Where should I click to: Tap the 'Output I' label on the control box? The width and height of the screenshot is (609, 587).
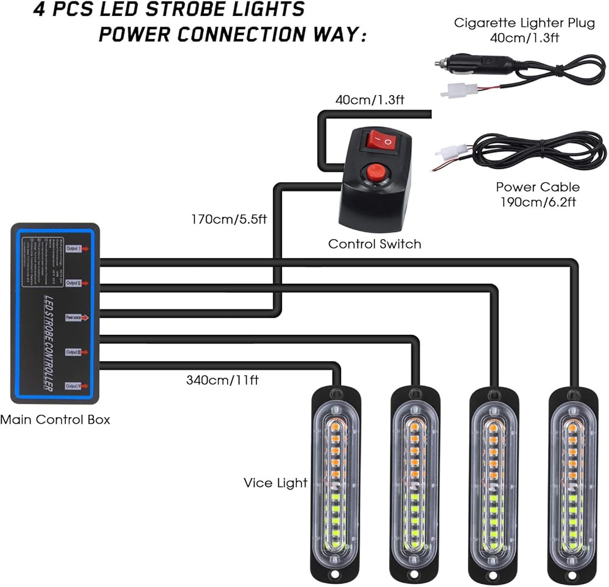pos(75,248)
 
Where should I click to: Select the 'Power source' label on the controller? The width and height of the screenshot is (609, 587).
pos(75,317)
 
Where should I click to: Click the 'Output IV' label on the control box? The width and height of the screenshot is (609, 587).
pos(75,385)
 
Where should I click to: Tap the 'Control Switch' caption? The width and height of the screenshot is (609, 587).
pos(375,244)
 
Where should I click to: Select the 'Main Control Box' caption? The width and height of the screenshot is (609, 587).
pos(55,420)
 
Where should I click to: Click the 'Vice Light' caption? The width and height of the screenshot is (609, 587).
pos(275,483)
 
